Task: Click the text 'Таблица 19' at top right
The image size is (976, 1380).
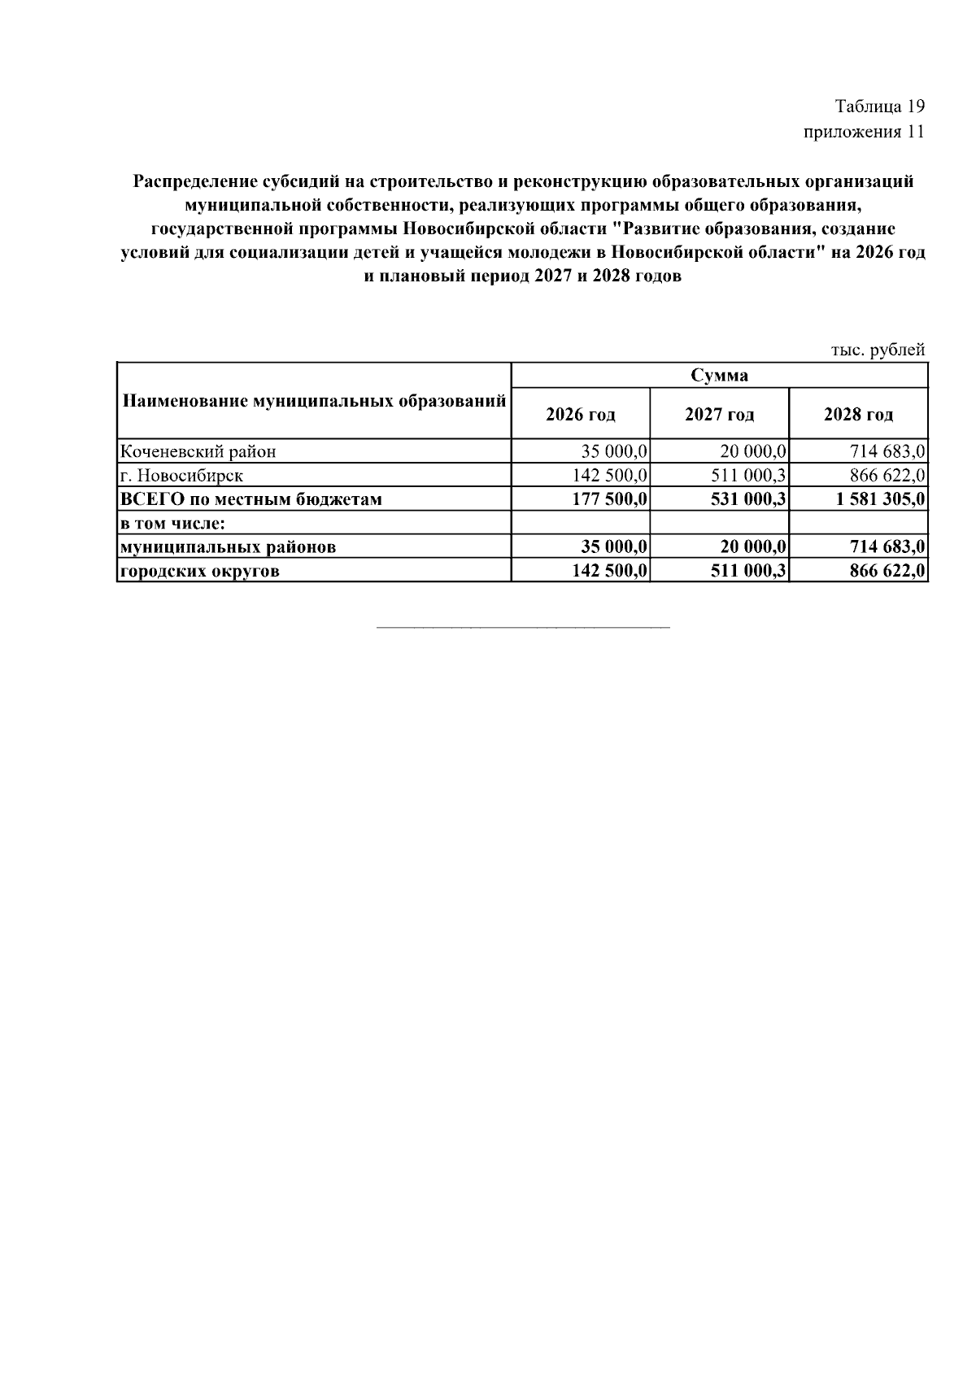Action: [x=880, y=107]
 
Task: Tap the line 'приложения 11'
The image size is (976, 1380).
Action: [x=864, y=132]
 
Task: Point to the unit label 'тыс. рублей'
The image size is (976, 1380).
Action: [x=878, y=350]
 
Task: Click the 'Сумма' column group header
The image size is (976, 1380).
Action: [x=719, y=375]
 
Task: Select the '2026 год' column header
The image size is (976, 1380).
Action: [x=580, y=415]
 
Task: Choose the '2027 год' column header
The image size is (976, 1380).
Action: [x=719, y=415]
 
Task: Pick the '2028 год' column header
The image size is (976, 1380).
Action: [x=858, y=415]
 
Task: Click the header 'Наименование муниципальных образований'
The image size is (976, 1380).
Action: [x=314, y=401]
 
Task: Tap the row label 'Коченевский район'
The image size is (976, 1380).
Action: [x=198, y=451]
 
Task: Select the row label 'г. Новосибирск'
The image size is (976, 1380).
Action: [x=181, y=475]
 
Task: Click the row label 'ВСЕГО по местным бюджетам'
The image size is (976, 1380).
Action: [x=251, y=498]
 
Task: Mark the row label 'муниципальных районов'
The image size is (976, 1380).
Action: [x=228, y=546]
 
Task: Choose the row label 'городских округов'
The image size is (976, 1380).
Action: [x=200, y=571]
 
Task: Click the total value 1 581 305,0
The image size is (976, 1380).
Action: [x=881, y=498]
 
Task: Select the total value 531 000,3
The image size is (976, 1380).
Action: [x=748, y=498]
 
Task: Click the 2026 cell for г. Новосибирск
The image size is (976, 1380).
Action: [x=610, y=475]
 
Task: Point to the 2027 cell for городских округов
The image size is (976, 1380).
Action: [x=748, y=571]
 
